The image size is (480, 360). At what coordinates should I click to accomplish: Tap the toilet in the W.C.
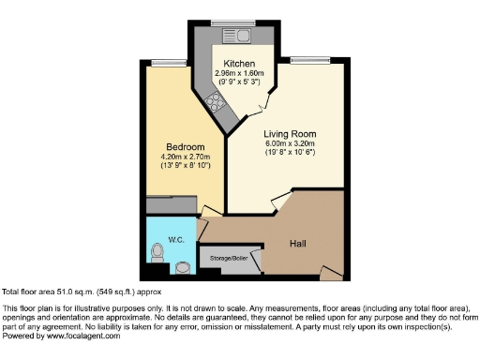158,254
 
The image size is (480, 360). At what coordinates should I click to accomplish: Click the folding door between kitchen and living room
267,101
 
